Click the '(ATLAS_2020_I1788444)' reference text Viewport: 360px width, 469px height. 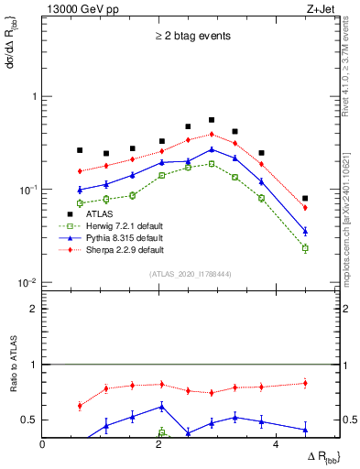click(191, 273)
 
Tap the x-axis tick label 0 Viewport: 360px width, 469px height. click(42, 445)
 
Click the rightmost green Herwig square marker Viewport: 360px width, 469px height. click(305, 248)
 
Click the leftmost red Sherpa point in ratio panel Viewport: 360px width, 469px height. click(80, 405)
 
